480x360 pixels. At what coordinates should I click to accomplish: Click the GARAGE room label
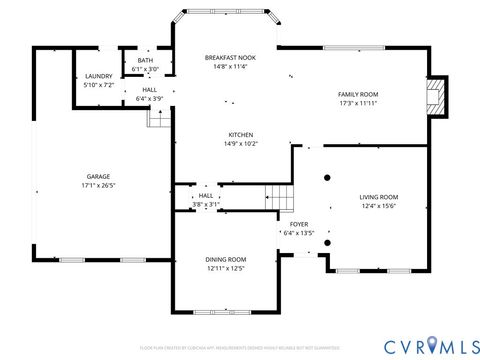click(97, 176)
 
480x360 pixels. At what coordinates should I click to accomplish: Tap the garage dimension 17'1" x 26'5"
click(97, 185)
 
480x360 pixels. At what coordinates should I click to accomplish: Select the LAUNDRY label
click(98, 76)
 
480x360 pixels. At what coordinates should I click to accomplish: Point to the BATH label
click(146, 61)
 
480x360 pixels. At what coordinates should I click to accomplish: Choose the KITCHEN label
click(240, 135)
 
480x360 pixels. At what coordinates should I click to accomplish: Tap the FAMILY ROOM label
click(358, 94)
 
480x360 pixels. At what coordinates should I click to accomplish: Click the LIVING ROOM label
click(379, 197)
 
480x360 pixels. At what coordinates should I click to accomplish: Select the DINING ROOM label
click(226, 259)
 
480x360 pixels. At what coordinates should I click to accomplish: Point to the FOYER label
click(298, 224)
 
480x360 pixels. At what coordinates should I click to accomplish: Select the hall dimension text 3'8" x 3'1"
click(206, 204)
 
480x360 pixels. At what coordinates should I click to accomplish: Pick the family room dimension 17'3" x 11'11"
click(358, 103)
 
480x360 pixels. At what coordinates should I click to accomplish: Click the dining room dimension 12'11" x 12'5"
click(226, 268)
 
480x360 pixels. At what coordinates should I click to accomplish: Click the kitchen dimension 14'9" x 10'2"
click(240, 144)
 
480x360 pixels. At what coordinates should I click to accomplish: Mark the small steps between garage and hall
click(155, 118)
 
